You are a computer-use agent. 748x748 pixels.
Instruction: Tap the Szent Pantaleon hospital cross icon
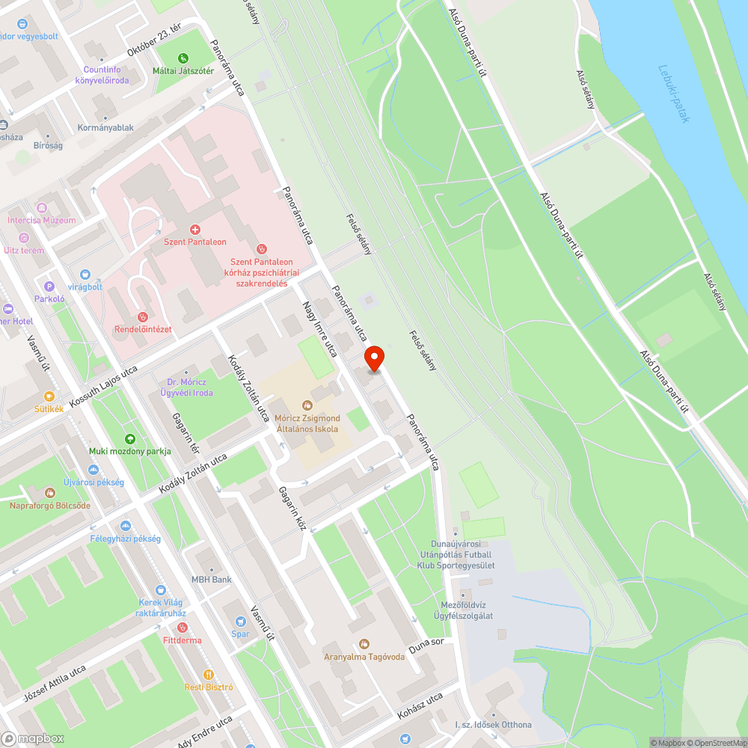[x=195, y=229]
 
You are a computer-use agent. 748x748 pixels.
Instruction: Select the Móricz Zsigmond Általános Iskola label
[x=307, y=423]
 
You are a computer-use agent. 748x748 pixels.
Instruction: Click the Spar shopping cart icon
[x=240, y=621]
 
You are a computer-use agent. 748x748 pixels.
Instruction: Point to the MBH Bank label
[x=211, y=579]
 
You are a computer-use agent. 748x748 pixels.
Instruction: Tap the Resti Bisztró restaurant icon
[x=209, y=673]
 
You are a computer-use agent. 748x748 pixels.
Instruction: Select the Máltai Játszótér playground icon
[x=184, y=58]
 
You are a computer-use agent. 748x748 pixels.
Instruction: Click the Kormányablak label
[x=105, y=128]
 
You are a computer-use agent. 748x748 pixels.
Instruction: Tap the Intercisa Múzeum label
[x=41, y=220]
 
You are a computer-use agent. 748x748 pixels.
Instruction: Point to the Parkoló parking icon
[x=49, y=286]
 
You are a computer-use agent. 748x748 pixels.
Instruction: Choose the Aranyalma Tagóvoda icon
[x=364, y=643]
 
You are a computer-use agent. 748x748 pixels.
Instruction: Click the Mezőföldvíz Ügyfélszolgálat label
[x=455, y=610]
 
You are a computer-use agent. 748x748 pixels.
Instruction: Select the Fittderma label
[x=182, y=640]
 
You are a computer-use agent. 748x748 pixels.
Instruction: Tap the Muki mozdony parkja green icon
[x=130, y=438]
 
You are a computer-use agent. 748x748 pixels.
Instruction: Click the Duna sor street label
[x=427, y=646]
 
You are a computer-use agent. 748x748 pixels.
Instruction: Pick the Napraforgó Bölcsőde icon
[x=49, y=492]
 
